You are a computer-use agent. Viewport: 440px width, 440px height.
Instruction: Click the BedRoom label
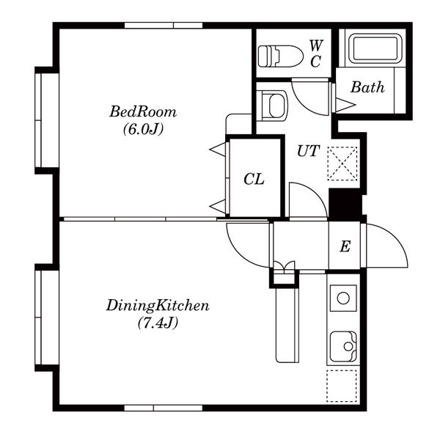pyautogui.click(x=143, y=111)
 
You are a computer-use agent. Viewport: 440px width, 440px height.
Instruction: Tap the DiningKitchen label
pyautogui.click(x=158, y=306)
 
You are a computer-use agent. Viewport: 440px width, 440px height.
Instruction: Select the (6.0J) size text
pyautogui.click(x=143, y=129)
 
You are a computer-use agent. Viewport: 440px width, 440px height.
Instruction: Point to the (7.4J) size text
pyautogui.click(x=158, y=323)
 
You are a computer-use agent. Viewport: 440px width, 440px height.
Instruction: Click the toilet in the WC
pyautogui.click(x=281, y=56)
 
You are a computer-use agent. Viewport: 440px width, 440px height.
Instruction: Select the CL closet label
pyautogui.click(x=254, y=179)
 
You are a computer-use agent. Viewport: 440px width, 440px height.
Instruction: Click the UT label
pyautogui.click(x=308, y=151)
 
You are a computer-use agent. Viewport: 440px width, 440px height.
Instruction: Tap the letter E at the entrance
pyautogui.click(x=345, y=246)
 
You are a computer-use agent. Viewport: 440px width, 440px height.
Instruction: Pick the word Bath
pyautogui.click(x=367, y=87)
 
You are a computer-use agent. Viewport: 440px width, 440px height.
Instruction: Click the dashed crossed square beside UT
pyautogui.click(x=342, y=164)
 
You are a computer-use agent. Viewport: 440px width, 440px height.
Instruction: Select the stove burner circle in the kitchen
pyautogui.click(x=343, y=298)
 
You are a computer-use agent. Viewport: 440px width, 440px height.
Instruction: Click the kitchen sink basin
pyautogui.click(x=343, y=347)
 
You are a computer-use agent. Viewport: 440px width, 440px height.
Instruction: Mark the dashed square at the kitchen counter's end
pyautogui.click(x=342, y=386)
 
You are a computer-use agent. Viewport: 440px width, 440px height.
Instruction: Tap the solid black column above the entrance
pyautogui.click(x=345, y=205)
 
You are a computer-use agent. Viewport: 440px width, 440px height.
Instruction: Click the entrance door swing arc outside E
pyautogui.click(x=395, y=236)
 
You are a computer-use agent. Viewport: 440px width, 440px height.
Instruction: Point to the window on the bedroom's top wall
pyautogui.click(x=164, y=26)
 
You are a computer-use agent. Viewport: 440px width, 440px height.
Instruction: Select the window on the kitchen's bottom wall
pyautogui.click(x=164, y=408)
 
